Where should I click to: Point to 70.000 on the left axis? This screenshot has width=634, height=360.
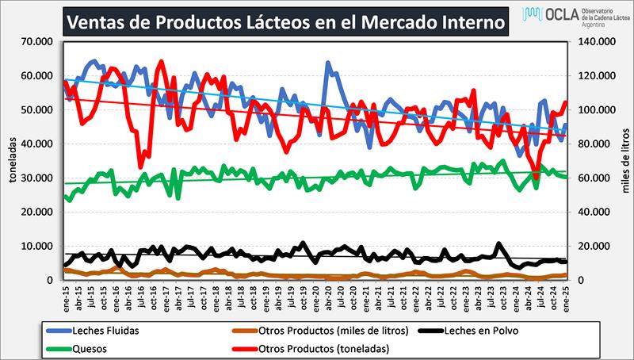coord(36,41)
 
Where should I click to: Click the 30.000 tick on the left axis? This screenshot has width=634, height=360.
coord(36,178)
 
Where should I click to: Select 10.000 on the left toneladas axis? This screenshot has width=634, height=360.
coord(36,246)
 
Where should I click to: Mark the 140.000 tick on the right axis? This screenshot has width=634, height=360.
coord(595,41)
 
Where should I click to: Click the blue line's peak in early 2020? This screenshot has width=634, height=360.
coord(327,63)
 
